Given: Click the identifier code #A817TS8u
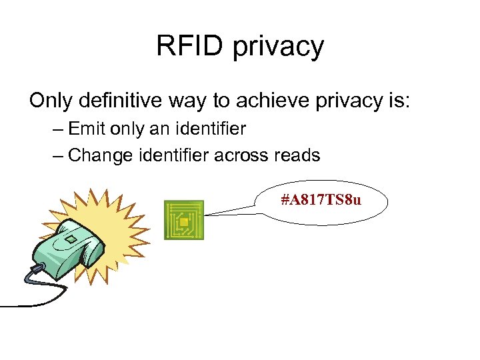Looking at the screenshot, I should [321, 199].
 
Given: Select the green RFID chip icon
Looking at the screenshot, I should [184, 220].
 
